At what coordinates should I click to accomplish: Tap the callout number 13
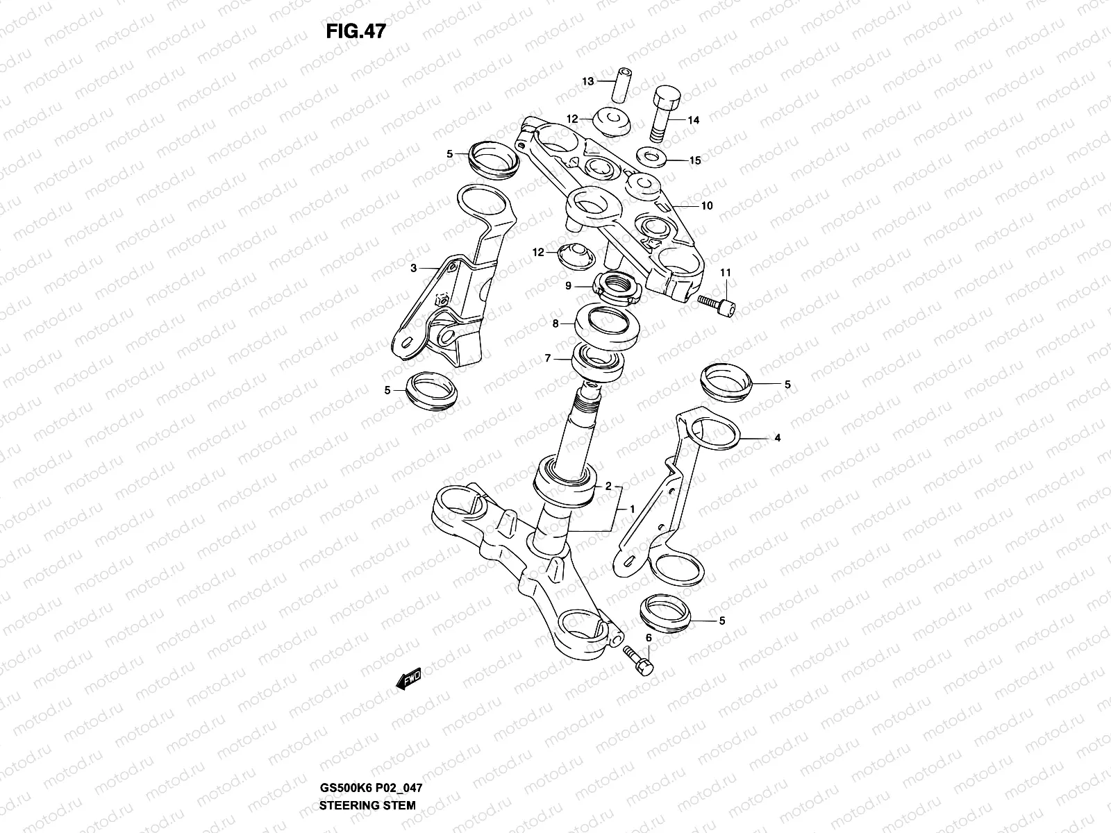(x=588, y=82)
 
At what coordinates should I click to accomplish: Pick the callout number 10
(x=707, y=206)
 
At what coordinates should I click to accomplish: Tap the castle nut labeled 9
(x=616, y=287)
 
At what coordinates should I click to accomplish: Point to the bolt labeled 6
(x=640, y=657)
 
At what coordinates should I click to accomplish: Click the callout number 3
(x=413, y=268)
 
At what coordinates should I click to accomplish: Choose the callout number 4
(x=778, y=438)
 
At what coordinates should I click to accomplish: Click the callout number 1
(x=632, y=509)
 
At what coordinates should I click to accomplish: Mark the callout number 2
(x=608, y=487)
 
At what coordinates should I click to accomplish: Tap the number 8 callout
(x=555, y=323)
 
